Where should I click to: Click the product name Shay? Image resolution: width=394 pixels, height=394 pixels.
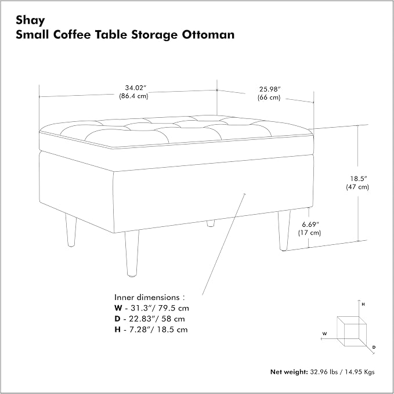click(x=30, y=21)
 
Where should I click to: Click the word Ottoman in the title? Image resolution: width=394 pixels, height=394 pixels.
click(x=208, y=34)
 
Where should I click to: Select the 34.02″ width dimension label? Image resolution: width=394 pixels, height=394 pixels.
click(x=136, y=88)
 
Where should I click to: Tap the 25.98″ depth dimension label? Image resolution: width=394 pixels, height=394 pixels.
click(x=270, y=89)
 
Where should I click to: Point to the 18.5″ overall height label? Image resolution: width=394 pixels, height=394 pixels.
click(x=359, y=179)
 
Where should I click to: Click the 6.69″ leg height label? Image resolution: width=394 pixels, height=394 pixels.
click(x=310, y=224)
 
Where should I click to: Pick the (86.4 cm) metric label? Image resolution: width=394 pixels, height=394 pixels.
click(x=133, y=96)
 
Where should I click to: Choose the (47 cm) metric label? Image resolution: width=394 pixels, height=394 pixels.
click(x=357, y=187)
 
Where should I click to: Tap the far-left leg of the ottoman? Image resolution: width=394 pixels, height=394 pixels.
click(x=71, y=230)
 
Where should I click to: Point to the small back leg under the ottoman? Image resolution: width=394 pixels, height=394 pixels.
click(x=211, y=223)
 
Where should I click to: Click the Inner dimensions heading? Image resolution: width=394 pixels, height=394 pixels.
click(x=150, y=297)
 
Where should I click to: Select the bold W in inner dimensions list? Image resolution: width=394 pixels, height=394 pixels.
click(x=118, y=308)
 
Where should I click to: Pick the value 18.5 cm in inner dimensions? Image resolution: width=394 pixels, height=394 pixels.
click(x=172, y=330)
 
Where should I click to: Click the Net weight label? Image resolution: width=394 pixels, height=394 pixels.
click(x=289, y=372)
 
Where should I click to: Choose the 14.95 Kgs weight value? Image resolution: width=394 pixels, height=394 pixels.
click(x=360, y=372)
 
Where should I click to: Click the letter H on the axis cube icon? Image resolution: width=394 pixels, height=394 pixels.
click(x=363, y=305)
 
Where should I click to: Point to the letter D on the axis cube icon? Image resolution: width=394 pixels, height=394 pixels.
click(x=374, y=348)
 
